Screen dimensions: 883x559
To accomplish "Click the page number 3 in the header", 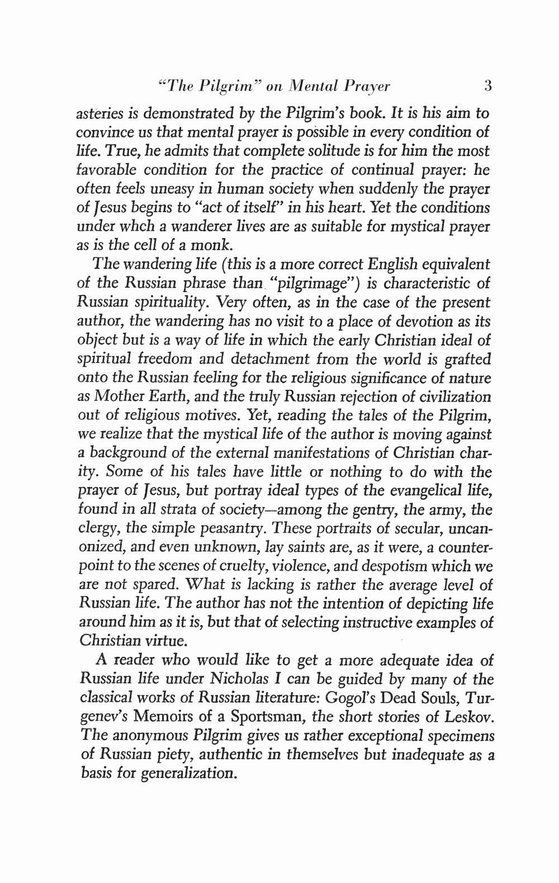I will (x=487, y=87).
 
